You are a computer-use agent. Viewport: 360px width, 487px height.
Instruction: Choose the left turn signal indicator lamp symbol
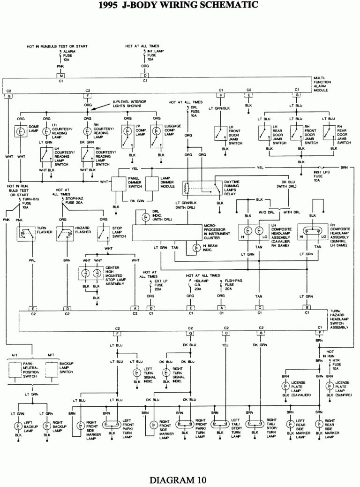pos(136,373)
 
